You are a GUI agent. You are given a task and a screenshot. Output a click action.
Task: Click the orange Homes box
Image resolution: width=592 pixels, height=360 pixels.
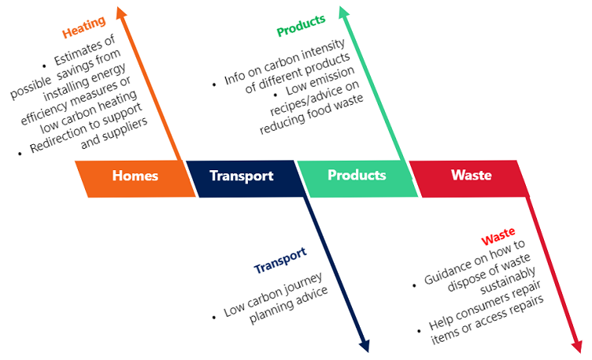pos(135,176)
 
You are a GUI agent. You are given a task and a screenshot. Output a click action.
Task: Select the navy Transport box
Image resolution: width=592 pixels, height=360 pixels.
pos(242,176)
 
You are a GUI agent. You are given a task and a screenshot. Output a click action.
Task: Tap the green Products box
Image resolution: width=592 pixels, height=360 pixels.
pos(357,176)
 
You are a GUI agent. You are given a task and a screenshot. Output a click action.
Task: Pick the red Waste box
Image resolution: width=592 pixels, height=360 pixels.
pos(471,176)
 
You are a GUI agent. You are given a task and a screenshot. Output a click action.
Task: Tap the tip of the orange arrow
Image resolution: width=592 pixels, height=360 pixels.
pos(120,10)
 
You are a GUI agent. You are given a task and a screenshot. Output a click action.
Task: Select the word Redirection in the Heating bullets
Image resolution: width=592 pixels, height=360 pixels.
pos(59,141)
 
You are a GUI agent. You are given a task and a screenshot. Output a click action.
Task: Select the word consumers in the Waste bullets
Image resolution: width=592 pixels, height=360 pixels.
pos(493,306)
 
